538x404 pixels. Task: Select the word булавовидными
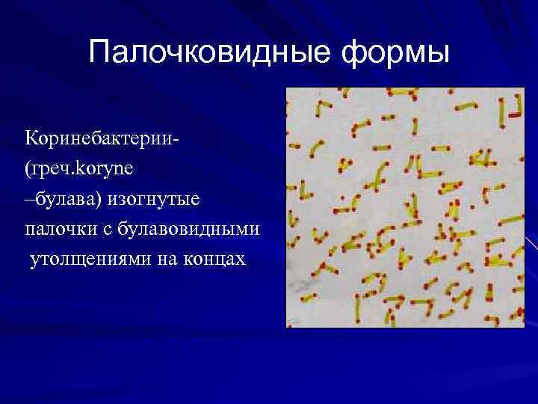[185, 230]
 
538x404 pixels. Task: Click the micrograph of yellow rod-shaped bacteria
[406, 207]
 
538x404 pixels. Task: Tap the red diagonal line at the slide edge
[531, 243]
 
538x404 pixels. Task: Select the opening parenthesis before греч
[27, 170]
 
